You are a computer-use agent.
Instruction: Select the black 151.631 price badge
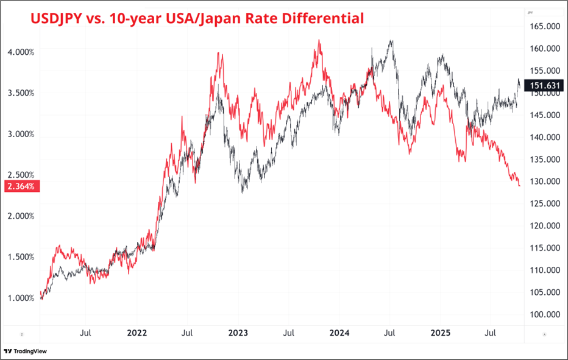(x=542, y=86)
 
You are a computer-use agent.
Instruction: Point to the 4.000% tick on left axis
(x=21, y=52)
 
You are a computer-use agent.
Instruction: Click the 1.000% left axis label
(x=21, y=298)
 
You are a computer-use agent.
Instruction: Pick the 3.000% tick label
(x=21, y=134)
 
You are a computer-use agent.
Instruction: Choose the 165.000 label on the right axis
(x=544, y=27)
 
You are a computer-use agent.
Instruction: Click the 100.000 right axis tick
(x=544, y=314)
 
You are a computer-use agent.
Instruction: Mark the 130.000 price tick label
(x=544, y=182)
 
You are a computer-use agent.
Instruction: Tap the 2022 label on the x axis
(x=137, y=333)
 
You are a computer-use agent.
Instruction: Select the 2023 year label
(x=238, y=333)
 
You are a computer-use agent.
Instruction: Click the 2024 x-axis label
(x=339, y=333)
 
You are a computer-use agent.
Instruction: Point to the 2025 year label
(x=440, y=333)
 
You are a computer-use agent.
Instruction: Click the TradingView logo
(x=25, y=351)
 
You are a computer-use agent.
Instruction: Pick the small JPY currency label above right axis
(x=530, y=12)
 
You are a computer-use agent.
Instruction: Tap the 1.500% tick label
(x=21, y=257)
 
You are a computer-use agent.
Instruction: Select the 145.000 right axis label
(x=544, y=115)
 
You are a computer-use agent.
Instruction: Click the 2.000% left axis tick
(x=21, y=216)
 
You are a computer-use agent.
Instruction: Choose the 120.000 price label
(x=544, y=226)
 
